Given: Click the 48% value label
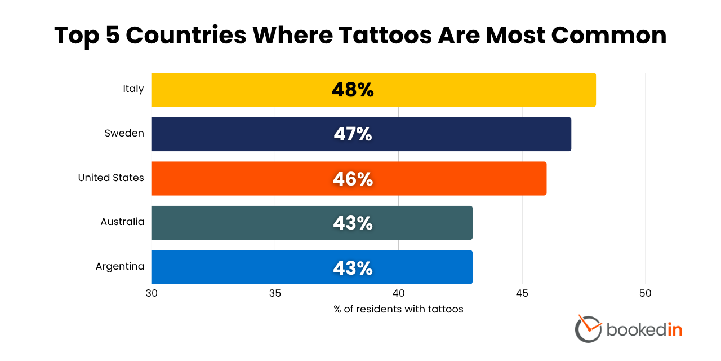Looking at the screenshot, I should tap(353, 90).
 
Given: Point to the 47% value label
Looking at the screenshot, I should tap(353, 134).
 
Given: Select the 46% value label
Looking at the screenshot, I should tap(353, 179).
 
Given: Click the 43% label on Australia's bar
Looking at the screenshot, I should tap(353, 223).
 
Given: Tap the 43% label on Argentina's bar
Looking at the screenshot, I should tap(353, 268).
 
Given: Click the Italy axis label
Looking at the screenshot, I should tap(133, 89).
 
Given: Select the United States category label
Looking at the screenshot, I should tap(111, 178).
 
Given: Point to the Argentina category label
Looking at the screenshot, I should tap(120, 266).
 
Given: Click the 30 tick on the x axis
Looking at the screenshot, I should tap(152, 293).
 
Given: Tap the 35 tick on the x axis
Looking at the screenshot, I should tap(275, 293).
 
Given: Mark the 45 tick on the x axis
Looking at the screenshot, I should tap(522, 293).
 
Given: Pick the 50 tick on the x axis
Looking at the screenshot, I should tap(645, 293).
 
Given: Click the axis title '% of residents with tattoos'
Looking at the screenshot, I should tap(398, 309).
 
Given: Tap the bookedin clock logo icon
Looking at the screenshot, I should tap(588, 328).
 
